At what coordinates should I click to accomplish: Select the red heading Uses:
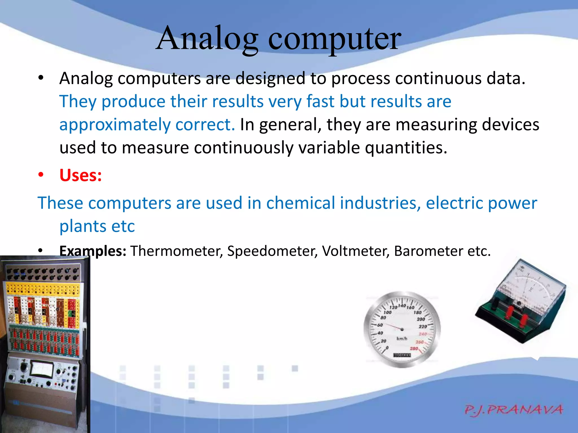[x=80, y=175]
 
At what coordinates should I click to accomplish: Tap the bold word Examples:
[x=93, y=251]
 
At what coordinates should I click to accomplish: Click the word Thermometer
[x=176, y=251]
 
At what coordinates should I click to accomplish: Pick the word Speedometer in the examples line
[x=272, y=251]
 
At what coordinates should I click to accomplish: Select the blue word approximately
[x=115, y=125]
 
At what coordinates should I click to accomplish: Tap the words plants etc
[x=97, y=226]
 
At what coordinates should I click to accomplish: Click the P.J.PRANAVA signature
[x=513, y=410]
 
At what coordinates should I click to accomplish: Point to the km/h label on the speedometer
[x=402, y=339]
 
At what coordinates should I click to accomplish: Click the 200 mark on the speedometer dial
[x=421, y=319]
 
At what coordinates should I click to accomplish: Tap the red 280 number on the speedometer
[x=414, y=348]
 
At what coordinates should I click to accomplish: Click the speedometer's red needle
[x=394, y=327]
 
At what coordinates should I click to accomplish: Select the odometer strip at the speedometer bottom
[x=402, y=355]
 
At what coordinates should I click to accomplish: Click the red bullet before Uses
[x=41, y=175]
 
